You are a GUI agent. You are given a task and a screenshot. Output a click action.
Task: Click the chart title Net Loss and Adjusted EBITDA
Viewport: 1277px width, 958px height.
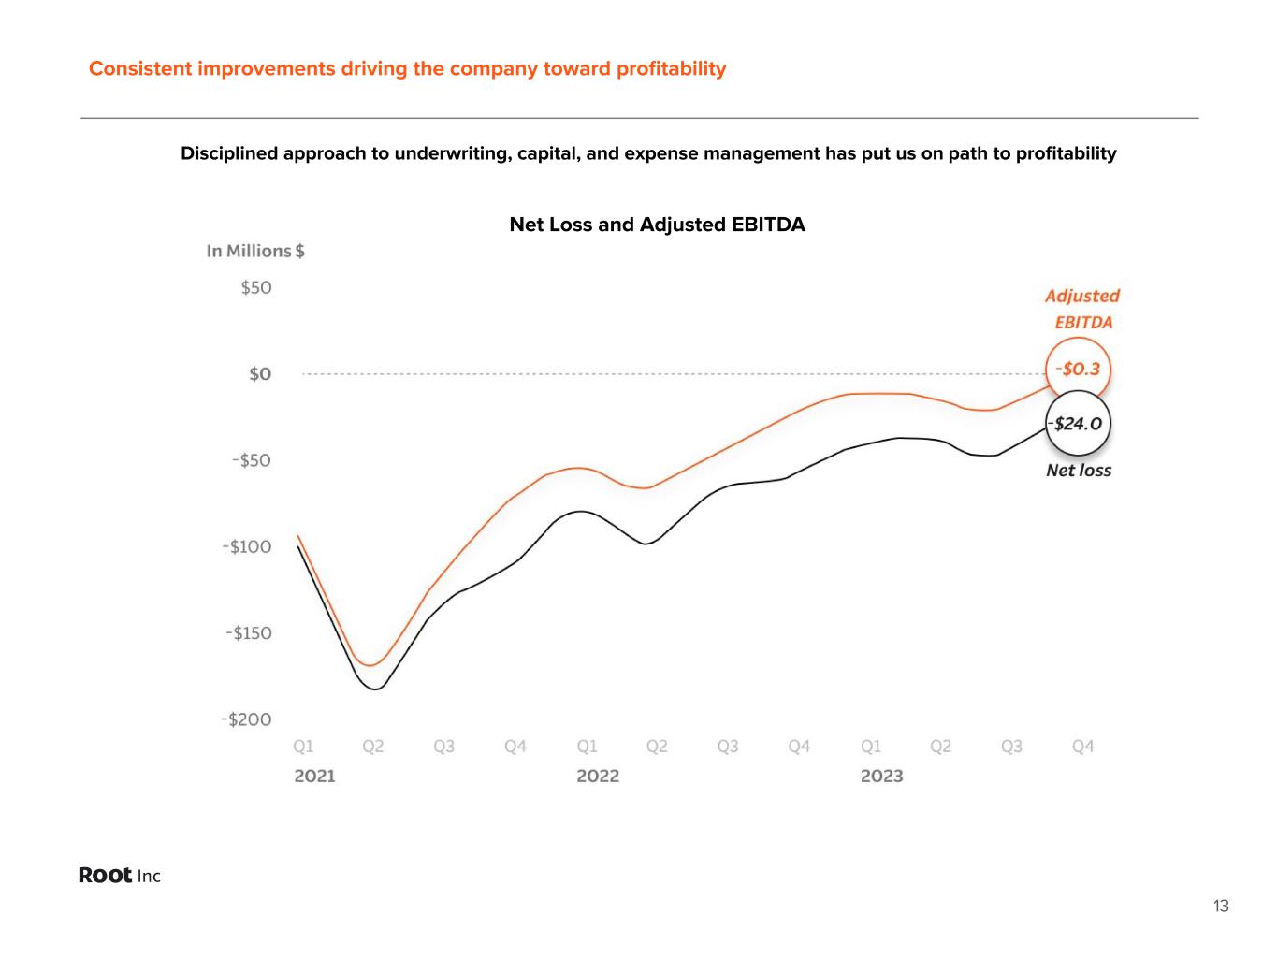pos(657,225)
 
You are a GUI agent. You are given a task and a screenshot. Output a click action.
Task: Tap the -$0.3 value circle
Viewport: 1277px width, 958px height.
pos(1078,369)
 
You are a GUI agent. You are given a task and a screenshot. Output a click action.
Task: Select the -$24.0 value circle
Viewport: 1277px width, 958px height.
pos(1079,424)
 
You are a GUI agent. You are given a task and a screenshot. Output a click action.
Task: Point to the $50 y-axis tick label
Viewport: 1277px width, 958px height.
pos(256,287)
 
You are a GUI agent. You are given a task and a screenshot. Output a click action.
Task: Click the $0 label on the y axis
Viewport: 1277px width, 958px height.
pos(260,374)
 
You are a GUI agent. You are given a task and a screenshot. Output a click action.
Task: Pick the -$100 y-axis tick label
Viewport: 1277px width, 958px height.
pos(247,546)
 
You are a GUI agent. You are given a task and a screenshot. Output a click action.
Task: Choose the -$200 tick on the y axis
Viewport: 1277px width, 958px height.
pos(246,719)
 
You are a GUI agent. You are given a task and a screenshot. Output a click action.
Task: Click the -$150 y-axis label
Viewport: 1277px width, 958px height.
pos(248,633)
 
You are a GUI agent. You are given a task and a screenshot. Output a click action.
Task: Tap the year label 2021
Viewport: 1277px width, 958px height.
pos(314,776)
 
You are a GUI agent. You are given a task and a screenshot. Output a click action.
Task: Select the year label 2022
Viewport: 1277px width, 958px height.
pos(598,776)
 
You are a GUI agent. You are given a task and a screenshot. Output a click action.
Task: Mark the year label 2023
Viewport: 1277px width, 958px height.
pos(881,776)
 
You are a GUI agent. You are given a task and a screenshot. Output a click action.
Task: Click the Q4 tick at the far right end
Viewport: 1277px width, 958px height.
pos(1082,747)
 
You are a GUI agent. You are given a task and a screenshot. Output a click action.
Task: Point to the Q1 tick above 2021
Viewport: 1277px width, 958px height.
pos(303,747)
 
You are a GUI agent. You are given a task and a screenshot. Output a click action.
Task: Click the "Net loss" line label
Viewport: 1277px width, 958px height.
pos(1079,471)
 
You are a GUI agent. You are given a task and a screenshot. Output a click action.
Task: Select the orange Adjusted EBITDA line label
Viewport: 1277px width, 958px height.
pos(1082,309)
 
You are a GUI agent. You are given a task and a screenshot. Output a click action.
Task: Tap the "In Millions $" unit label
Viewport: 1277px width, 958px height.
pos(255,251)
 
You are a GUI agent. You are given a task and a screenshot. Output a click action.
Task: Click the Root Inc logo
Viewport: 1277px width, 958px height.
pos(120,876)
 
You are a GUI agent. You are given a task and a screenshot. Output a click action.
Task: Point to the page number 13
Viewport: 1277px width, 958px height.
pos(1221,906)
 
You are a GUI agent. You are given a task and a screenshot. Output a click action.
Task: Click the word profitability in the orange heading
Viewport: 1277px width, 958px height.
pos(671,68)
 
